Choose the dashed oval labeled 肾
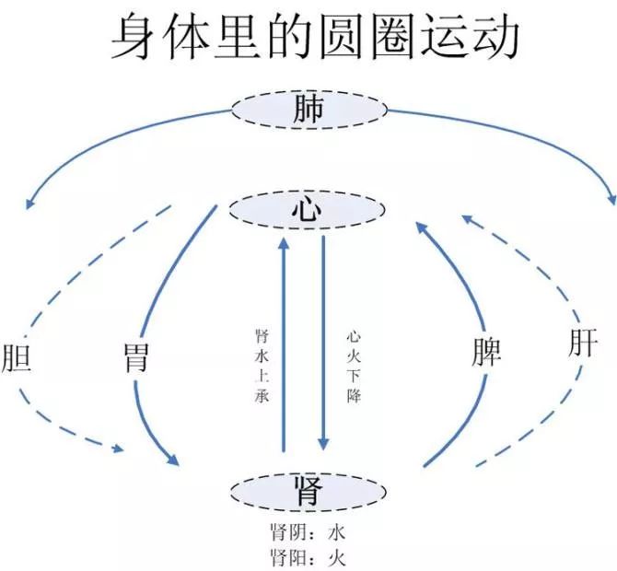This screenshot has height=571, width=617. (308, 492)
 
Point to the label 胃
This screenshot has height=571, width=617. (136, 357)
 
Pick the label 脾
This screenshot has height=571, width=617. (485, 351)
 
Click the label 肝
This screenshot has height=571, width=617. (582, 344)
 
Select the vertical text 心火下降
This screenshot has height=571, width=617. (354, 367)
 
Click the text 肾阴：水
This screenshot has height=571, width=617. (307, 533)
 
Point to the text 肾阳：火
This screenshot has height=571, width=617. (307, 556)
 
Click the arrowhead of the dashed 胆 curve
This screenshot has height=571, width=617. (117, 449)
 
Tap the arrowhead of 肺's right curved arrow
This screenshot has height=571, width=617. (611, 199)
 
